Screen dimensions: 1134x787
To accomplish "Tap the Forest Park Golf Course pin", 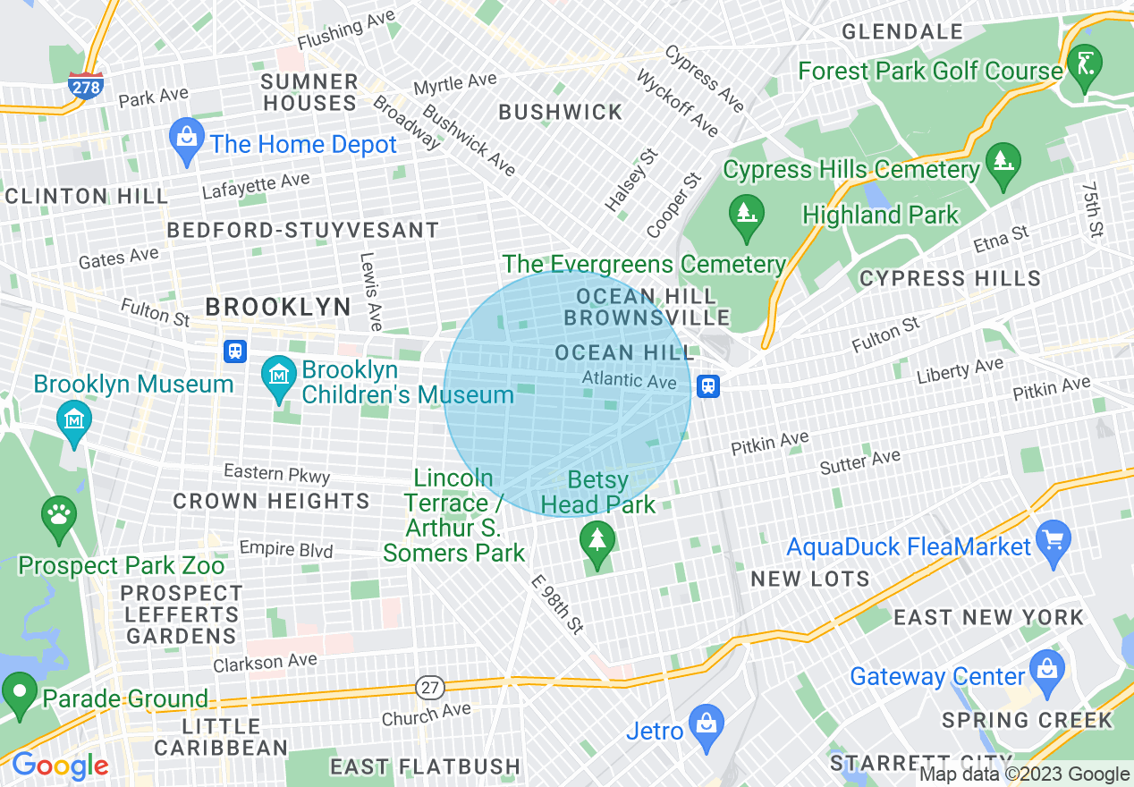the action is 1085,65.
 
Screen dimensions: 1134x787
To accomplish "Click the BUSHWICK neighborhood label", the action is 561,112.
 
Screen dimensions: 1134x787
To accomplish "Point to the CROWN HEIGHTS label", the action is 271,501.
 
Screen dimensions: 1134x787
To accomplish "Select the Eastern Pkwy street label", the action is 276,474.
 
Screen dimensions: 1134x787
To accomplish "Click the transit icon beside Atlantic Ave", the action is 707,386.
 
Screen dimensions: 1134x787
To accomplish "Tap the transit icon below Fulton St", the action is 235,351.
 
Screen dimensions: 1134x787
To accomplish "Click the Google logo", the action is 60,766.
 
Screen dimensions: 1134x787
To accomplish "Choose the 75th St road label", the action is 1091,211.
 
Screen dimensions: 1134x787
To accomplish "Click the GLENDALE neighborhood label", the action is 902,32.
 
